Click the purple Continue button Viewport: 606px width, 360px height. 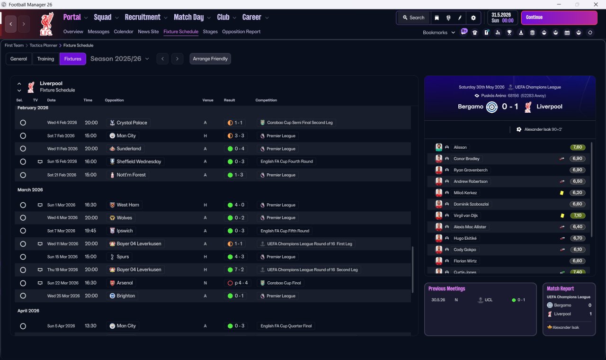point(559,18)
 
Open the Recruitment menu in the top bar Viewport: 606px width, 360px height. point(143,18)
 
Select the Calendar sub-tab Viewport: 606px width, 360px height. point(124,32)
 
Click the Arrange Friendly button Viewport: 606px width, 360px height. point(210,59)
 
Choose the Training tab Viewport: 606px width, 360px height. point(45,59)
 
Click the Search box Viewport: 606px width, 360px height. point(413,18)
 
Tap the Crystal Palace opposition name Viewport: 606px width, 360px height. point(132,123)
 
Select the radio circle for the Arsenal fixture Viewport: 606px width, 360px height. point(23,283)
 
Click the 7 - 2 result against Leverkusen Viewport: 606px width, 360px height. point(239,270)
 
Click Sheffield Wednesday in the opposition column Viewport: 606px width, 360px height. point(139,162)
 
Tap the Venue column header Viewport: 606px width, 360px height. point(208,100)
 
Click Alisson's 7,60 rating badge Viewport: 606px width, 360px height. point(577,147)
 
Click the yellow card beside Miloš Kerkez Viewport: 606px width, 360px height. point(562,193)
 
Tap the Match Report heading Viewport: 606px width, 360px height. point(560,288)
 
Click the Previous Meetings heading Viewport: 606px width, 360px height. point(446,288)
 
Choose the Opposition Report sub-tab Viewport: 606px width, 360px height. point(241,32)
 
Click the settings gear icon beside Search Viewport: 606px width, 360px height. point(473,18)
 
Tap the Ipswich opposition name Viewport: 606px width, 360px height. point(125,231)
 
